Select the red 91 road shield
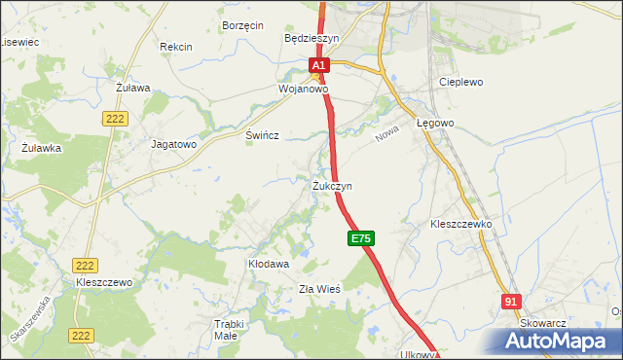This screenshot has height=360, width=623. (x=512, y=303)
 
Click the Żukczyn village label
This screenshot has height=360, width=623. (x=332, y=185)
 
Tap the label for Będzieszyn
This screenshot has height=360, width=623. (x=311, y=39)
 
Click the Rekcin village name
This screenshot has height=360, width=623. (x=176, y=47)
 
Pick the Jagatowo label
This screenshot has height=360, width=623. (x=174, y=143)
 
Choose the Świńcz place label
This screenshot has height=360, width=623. (x=263, y=136)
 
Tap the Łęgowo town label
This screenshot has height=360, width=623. (x=435, y=124)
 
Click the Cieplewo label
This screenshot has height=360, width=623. (x=461, y=83)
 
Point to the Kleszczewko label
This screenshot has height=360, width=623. (x=461, y=224)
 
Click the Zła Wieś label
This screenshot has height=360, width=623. (x=318, y=289)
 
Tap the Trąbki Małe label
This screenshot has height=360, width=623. (x=225, y=330)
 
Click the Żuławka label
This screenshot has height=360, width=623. (x=42, y=148)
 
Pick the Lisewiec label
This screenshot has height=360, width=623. (x=18, y=43)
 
